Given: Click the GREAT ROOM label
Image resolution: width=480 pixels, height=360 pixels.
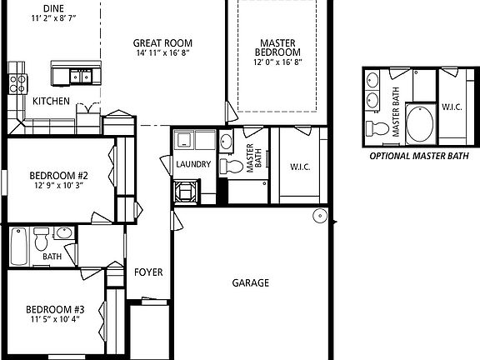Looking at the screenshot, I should click(x=162, y=42).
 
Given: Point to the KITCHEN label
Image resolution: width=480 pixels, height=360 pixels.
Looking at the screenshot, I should click(x=51, y=101).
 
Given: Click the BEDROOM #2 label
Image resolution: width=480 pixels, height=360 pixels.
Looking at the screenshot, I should click(x=58, y=175).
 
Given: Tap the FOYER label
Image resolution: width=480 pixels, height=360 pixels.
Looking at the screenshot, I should click(x=149, y=272).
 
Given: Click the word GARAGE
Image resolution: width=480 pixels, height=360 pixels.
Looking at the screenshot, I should click(x=250, y=282).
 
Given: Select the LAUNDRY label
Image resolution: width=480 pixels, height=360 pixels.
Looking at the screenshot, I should click(x=193, y=164).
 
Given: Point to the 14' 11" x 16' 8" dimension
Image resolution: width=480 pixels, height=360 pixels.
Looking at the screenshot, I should click(x=162, y=52).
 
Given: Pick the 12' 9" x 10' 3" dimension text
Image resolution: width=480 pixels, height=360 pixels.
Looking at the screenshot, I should click(x=58, y=185).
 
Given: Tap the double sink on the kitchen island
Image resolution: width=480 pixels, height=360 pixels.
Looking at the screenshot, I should click(x=80, y=76).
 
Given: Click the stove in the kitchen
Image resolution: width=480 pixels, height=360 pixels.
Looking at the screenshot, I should click(x=15, y=82).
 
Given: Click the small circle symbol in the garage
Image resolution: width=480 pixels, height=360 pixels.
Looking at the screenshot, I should click(x=318, y=216).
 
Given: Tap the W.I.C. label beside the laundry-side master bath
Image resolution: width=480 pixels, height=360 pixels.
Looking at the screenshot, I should click(x=301, y=166).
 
